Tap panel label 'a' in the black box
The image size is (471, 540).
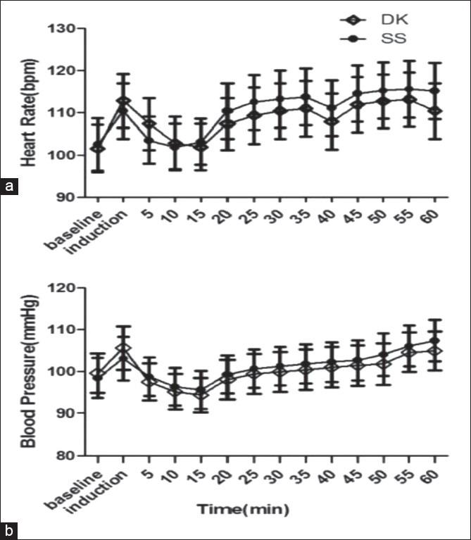tap(9, 187)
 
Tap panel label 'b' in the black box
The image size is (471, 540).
tap(9, 529)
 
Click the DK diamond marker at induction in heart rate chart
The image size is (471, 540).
tap(123, 101)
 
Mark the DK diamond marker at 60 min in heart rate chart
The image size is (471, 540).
tap(436, 111)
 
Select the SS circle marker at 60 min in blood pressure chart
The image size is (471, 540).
tap(436, 341)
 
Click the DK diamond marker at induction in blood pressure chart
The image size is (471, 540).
tap(123, 349)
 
